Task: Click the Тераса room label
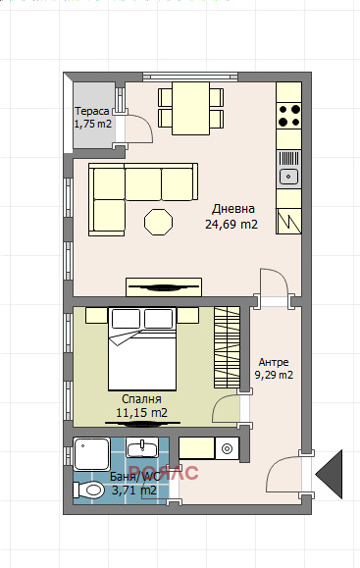(x=92, y=111)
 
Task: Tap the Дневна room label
(x=233, y=209)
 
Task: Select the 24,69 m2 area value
(x=231, y=225)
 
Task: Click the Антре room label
(x=274, y=362)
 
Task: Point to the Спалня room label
(x=141, y=399)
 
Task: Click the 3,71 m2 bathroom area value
(x=134, y=491)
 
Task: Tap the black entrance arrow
(x=329, y=474)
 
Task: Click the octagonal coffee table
(x=158, y=222)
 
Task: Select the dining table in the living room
(x=190, y=108)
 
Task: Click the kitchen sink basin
(x=288, y=177)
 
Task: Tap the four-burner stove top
(x=289, y=116)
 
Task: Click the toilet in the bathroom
(x=88, y=491)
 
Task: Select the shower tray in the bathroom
(x=91, y=454)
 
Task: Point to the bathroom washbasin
(x=142, y=447)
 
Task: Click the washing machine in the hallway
(x=227, y=448)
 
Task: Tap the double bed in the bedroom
(x=142, y=349)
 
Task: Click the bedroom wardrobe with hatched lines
(x=227, y=347)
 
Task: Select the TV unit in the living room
(x=164, y=287)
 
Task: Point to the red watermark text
(x=164, y=473)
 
